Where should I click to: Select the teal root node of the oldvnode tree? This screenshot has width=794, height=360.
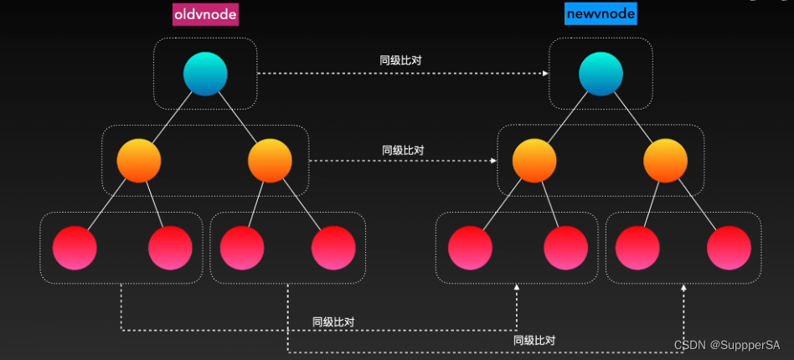(x=206, y=73)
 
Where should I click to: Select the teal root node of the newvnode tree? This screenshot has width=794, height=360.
(x=601, y=73)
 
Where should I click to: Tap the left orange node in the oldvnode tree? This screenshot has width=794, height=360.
(x=139, y=161)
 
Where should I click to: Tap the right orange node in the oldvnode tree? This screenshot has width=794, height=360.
(x=270, y=161)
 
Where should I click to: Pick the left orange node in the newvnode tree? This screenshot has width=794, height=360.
(x=534, y=161)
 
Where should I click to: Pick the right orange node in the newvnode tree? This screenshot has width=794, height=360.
(x=666, y=161)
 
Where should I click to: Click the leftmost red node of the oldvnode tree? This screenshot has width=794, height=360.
(x=75, y=248)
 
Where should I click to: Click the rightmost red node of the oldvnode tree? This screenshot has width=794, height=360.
(x=333, y=248)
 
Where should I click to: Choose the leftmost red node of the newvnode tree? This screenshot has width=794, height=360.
(x=470, y=248)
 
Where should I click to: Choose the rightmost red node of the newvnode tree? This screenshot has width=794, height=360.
(x=729, y=248)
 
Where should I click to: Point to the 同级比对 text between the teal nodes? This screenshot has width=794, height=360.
(x=400, y=61)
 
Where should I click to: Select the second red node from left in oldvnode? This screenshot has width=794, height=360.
(x=170, y=248)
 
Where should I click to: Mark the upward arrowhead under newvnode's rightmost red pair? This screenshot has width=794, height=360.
(x=684, y=287)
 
